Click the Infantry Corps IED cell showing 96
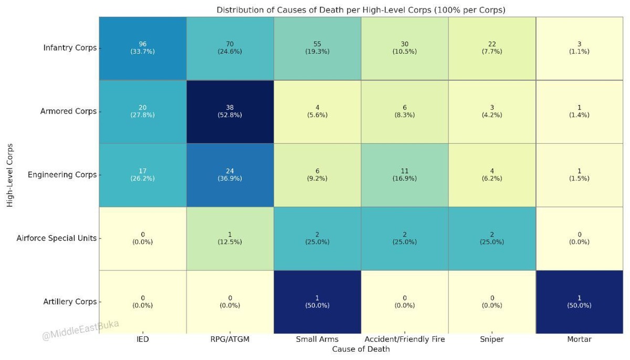pyautogui.click(x=142, y=48)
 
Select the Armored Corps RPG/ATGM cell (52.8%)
pyautogui.click(x=230, y=111)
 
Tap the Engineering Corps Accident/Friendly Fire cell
pyautogui.click(x=404, y=175)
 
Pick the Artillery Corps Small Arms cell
pyautogui.click(x=317, y=302)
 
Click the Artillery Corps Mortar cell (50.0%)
pyautogui.click(x=579, y=302)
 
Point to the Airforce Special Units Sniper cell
pyautogui.click(x=492, y=238)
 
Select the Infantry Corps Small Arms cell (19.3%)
pyautogui.click(x=317, y=48)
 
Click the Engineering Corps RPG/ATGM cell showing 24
pyautogui.click(x=230, y=175)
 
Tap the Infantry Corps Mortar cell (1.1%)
pyautogui.click(x=579, y=48)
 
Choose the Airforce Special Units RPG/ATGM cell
pyautogui.click(x=230, y=238)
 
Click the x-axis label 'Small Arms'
pyautogui.click(x=317, y=340)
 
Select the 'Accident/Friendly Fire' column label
pyautogui.click(x=404, y=340)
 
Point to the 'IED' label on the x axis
pyautogui.click(x=142, y=340)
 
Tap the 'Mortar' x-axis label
pyautogui.click(x=579, y=340)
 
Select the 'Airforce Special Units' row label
pyautogui.click(x=57, y=238)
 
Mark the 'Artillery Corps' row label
pyautogui.click(x=70, y=302)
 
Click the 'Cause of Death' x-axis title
pyautogui.click(x=361, y=349)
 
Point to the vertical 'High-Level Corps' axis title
pyautogui.click(x=10, y=175)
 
